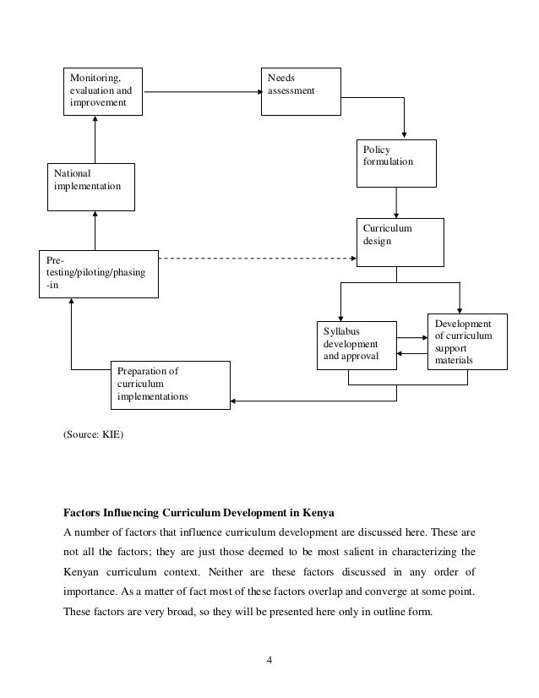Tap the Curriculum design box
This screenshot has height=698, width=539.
click(x=401, y=243)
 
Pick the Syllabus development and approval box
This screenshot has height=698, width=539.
click(x=356, y=345)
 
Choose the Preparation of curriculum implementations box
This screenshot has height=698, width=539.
click(x=170, y=384)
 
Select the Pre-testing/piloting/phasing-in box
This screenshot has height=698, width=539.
click(x=99, y=273)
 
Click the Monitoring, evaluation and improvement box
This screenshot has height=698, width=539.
click(x=105, y=90)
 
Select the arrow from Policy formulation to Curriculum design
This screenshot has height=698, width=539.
click(x=396, y=202)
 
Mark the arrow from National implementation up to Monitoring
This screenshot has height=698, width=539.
click(x=95, y=139)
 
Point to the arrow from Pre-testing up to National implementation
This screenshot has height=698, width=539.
click(x=95, y=231)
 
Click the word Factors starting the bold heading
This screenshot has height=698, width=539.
click(x=85, y=510)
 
